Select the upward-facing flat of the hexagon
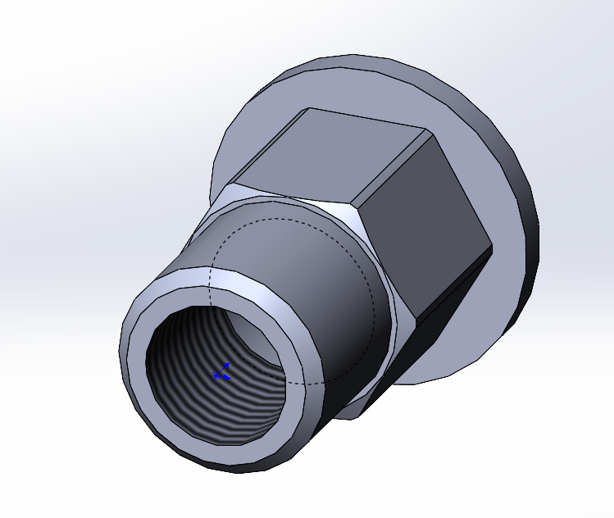[x=328, y=160]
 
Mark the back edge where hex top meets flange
[x=369, y=118]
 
